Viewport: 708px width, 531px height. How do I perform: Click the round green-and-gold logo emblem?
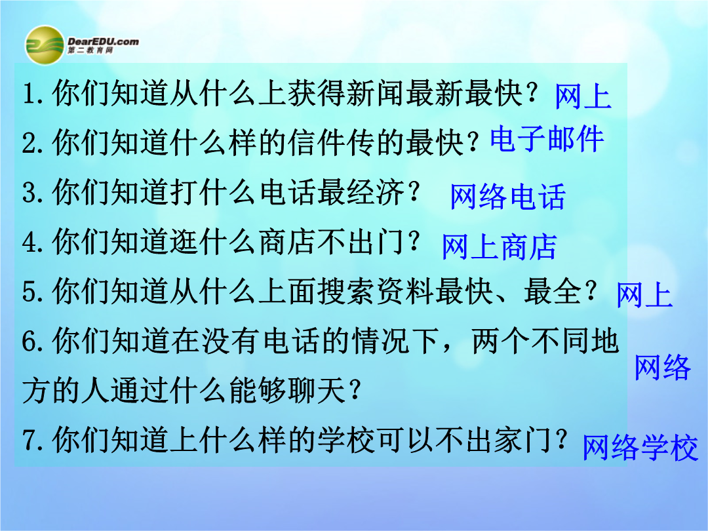click(x=45, y=45)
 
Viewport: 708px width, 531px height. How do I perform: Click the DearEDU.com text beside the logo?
click(x=104, y=41)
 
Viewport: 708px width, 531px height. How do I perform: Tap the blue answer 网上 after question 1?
click(x=583, y=96)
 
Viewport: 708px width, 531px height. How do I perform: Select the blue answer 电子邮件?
click(x=547, y=138)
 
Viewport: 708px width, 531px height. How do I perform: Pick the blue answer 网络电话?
click(x=508, y=197)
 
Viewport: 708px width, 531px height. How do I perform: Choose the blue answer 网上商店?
click(x=500, y=247)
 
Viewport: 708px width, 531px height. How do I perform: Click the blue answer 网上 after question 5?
click(x=645, y=295)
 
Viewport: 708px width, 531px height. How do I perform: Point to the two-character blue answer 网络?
click(x=662, y=367)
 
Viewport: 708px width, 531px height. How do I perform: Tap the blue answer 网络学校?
click(x=640, y=448)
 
